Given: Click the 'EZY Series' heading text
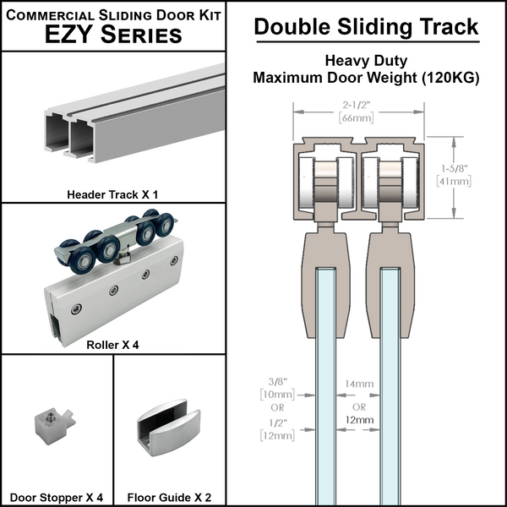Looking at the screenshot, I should tap(114, 34).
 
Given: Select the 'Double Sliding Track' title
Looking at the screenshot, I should tap(366, 27).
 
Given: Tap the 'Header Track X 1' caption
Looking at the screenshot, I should tap(112, 194).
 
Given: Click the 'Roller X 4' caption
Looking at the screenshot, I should tap(112, 345).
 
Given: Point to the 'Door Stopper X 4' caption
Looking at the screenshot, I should tap(57, 497).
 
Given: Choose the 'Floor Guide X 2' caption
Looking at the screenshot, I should tap(170, 497).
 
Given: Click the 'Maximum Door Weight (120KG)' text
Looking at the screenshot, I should tap(366, 79).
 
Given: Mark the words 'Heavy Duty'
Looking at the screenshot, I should tap(366, 62).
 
